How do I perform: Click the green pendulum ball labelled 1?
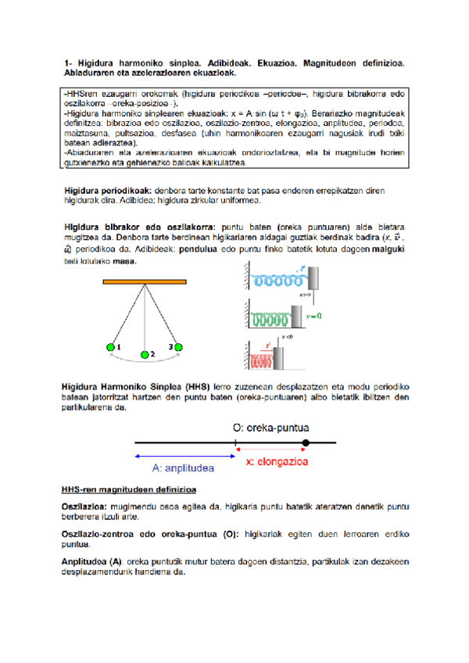coord(110,346)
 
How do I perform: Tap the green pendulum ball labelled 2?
coord(144,355)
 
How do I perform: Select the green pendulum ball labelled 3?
coord(177,346)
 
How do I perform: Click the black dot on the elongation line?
coord(306,443)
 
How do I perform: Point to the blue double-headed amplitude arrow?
coord(184,455)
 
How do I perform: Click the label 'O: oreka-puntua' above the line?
coord(272,428)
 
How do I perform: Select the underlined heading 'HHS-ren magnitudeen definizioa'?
coord(128,489)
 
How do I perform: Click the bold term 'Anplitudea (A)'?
coord(92,561)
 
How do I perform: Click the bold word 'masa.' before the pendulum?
coord(125,261)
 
